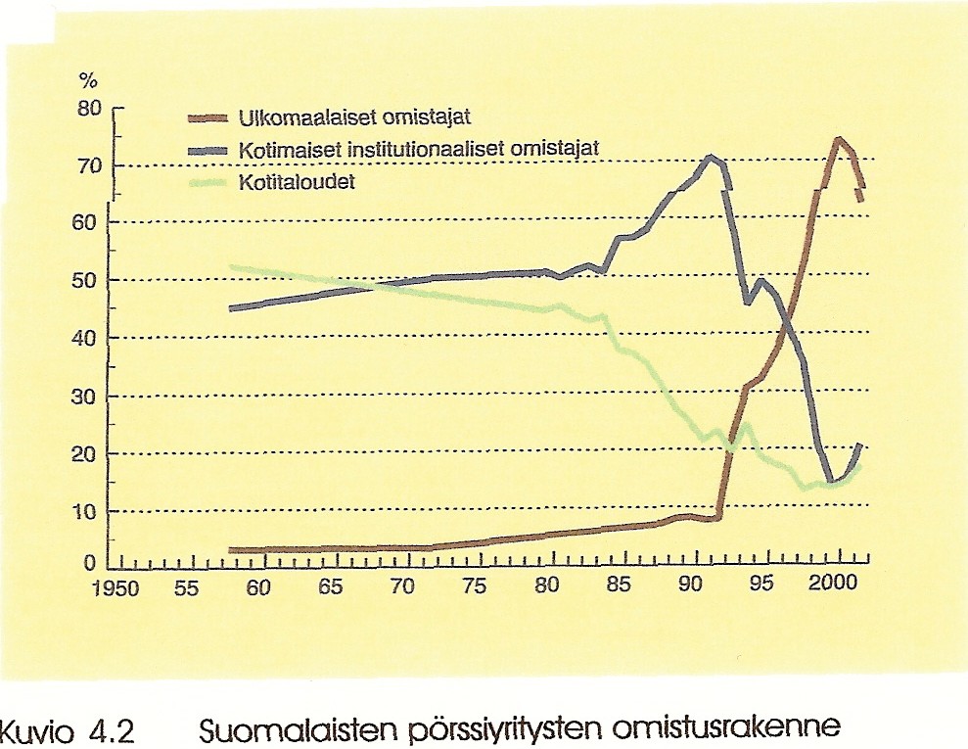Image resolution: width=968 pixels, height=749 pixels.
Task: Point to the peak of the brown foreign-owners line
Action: pyautogui.click(x=838, y=140)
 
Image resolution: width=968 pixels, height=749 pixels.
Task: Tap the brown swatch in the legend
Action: pyautogui.click(x=207, y=119)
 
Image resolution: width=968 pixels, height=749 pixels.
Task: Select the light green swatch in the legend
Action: pyautogui.click(x=207, y=182)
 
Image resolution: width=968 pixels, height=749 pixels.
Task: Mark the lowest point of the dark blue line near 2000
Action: pyautogui.click(x=832, y=481)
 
